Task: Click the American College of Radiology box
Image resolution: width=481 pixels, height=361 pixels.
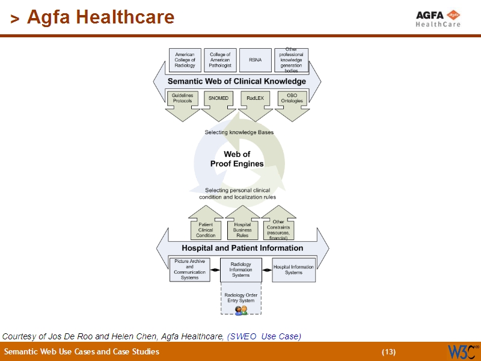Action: pyautogui.click(x=185, y=60)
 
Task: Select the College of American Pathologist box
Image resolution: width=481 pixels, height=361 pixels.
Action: pyautogui.click(x=220, y=60)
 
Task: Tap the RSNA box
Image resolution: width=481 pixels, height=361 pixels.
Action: pyautogui.click(x=255, y=60)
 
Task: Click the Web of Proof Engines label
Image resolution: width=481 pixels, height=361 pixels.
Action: pyautogui.click(x=236, y=159)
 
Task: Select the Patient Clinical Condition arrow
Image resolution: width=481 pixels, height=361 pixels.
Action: pyautogui.click(x=206, y=226)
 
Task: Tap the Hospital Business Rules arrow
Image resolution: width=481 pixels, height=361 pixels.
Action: pyautogui.click(x=242, y=226)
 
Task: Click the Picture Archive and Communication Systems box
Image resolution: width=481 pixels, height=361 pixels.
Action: pyautogui.click(x=189, y=270)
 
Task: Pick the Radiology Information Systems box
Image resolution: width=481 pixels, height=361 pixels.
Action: pyautogui.click(x=240, y=270)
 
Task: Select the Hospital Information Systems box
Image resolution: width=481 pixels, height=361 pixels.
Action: pyautogui.click(x=293, y=270)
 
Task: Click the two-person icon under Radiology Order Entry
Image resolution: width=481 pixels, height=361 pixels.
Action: pyautogui.click(x=241, y=310)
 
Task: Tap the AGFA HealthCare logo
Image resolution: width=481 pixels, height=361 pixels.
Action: pyautogui.click(x=438, y=18)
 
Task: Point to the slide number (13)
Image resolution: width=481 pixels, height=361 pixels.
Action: pyautogui.click(x=388, y=352)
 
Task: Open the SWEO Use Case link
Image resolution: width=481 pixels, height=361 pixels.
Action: pyautogui.click(x=264, y=336)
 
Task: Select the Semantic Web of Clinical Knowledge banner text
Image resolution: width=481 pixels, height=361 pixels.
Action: pyautogui.click(x=236, y=81)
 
